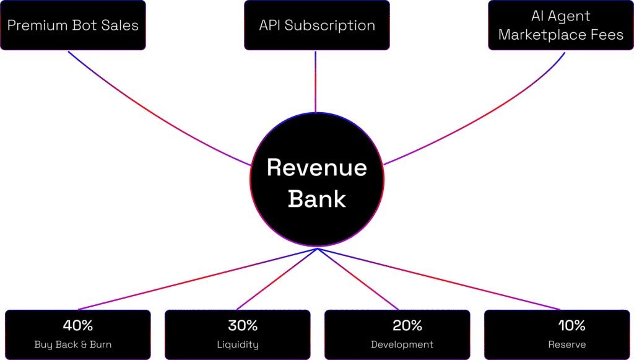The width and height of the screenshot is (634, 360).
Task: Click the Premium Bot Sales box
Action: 73,25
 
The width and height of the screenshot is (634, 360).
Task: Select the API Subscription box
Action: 317,25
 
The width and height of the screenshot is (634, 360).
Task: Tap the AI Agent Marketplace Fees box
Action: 561,25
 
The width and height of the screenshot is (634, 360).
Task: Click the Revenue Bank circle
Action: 317,180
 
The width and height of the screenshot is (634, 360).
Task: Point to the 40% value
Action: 78,325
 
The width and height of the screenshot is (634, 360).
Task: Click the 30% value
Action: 243,325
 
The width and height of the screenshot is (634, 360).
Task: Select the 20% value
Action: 407,325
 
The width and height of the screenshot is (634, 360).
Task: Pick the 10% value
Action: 571,325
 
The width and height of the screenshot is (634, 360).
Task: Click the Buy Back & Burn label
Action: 73,345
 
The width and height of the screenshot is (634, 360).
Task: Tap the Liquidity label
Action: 238,345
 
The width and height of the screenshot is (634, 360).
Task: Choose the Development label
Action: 402,345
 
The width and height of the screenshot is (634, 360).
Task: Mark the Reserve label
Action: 567,345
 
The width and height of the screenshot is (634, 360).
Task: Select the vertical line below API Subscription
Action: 315,82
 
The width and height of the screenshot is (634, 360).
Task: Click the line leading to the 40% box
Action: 198,279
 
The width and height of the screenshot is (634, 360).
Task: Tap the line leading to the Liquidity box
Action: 277,279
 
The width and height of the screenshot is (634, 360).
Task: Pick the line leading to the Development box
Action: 358,279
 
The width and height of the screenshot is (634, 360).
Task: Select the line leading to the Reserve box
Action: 439,279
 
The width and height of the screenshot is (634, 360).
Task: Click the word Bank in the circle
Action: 317,199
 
